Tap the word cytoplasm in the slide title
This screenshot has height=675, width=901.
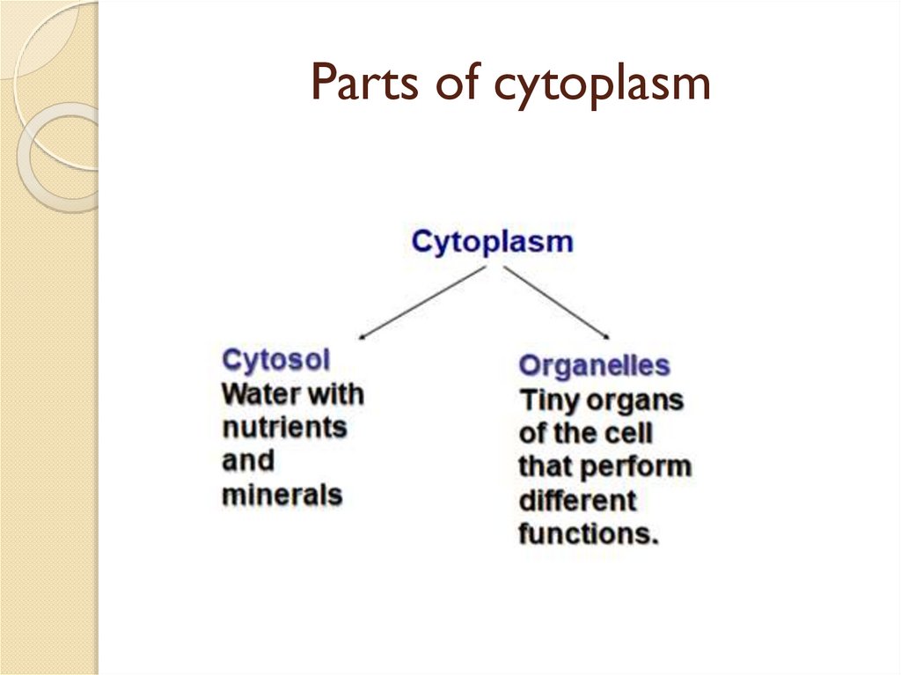point(601,86)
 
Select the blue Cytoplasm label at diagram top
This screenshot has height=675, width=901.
point(492,242)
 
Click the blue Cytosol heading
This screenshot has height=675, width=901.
point(276,360)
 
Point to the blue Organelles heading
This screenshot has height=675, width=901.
point(594,365)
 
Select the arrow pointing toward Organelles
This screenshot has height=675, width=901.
point(556,302)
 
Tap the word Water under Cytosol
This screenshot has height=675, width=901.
point(261,393)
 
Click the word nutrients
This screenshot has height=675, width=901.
point(283,428)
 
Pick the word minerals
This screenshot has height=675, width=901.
point(282,495)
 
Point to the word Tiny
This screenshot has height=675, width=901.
point(549,400)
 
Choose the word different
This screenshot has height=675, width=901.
point(577,500)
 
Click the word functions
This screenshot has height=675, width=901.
point(588,533)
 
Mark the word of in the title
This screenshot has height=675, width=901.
point(454,84)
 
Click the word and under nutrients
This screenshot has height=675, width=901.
point(247,461)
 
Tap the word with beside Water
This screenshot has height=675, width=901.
point(333,393)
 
